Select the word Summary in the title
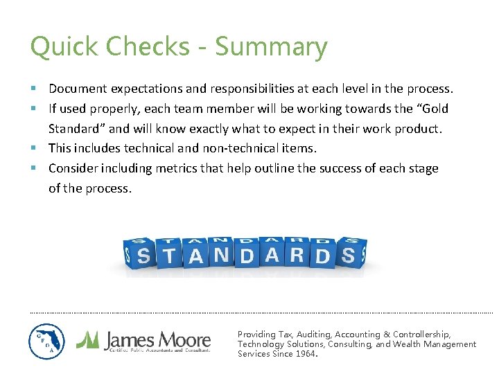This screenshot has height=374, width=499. tap(271, 48)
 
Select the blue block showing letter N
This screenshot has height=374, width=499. tap(221, 255)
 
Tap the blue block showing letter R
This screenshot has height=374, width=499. tap(297, 254)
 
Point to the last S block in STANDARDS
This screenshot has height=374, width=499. tap(349, 256)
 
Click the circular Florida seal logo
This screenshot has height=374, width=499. tap(46, 341)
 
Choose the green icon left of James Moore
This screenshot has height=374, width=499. tap(88, 339)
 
